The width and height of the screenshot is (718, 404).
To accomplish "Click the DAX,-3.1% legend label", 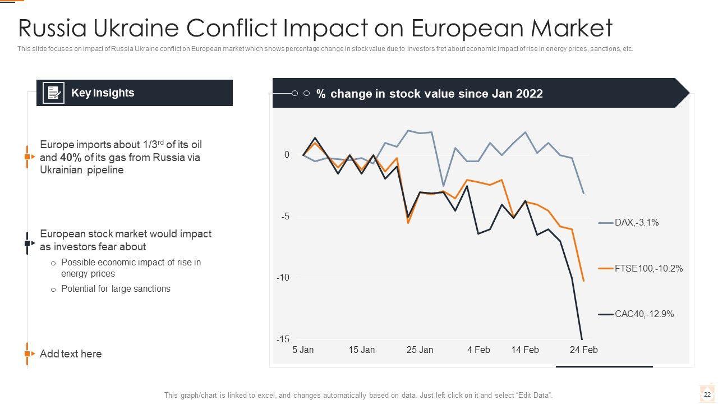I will coord(637,223).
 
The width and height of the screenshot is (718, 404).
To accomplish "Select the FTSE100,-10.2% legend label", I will coord(648,269).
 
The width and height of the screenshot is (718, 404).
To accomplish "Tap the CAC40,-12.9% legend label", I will coord(644,314).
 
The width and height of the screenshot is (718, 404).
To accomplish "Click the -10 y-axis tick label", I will coord(283,278).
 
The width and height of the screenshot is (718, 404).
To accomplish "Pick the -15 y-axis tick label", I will coord(283,339).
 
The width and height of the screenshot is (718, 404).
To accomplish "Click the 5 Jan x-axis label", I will coord(303,350).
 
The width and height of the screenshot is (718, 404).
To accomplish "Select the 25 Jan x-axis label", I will coord(420,350).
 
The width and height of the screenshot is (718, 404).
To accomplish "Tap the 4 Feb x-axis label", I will coord(478,350).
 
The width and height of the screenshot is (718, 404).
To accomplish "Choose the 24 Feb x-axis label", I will coord(583,350).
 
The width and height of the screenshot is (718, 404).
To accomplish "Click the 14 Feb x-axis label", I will coord(524,350).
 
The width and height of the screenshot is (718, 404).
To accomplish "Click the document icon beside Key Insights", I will coord(54,93).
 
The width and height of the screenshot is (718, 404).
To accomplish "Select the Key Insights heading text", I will coord(103,93).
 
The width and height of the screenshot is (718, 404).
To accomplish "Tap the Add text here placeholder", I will coord(71,354).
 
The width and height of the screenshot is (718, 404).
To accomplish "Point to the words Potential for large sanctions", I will coord(116,289).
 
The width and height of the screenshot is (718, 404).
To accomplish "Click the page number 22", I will coord(707,395).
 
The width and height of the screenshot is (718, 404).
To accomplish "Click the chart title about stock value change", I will coord(429,94).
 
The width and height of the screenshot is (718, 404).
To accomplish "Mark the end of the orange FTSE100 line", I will coord(583,281).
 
